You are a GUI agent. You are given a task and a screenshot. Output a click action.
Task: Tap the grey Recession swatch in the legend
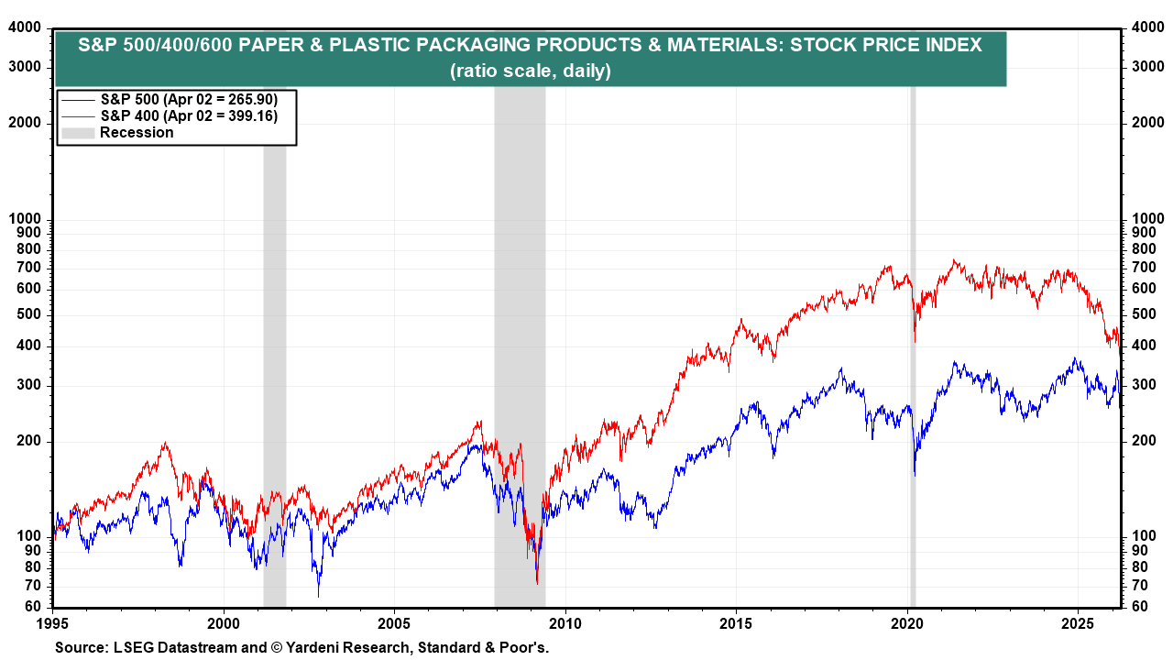coord(78,132)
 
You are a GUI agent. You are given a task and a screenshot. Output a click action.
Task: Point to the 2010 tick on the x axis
coord(565,622)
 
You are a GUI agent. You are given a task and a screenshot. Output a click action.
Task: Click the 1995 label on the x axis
coord(53,622)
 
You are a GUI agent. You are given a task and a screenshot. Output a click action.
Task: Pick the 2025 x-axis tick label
coord(1078,622)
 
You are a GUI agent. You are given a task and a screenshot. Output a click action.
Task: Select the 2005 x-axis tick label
coord(394,622)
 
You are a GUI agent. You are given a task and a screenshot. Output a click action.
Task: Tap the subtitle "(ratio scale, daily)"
coord(531,71)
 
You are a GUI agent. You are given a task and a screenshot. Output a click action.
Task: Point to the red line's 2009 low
coord(537,583)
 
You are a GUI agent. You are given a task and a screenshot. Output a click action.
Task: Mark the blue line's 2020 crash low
coord(915,475)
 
